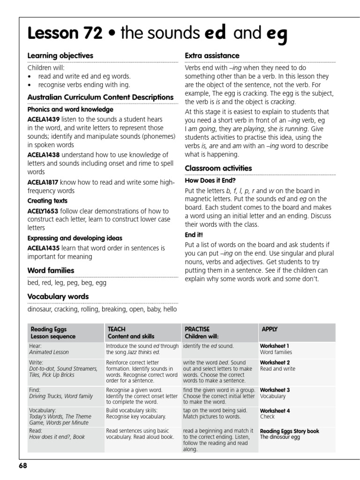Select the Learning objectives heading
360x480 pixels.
point(60,56)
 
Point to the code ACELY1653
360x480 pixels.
point(43,211)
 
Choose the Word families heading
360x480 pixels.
point(51,270)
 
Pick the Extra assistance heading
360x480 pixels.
point(212,56)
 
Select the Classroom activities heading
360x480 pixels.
point(218,168)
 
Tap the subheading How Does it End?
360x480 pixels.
point(210,180)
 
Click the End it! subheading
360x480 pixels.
point(194,234)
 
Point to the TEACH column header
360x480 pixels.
point(117,329)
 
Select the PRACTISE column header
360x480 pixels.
point(197,329)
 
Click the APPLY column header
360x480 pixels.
point(270,329)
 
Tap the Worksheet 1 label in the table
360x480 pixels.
point(275,346)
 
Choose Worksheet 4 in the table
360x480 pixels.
point(275,411)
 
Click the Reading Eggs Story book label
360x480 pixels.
point(290,431)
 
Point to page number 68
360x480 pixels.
point(23,466)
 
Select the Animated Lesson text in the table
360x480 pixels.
point(49,352)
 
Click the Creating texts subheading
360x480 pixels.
point(47,201)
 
